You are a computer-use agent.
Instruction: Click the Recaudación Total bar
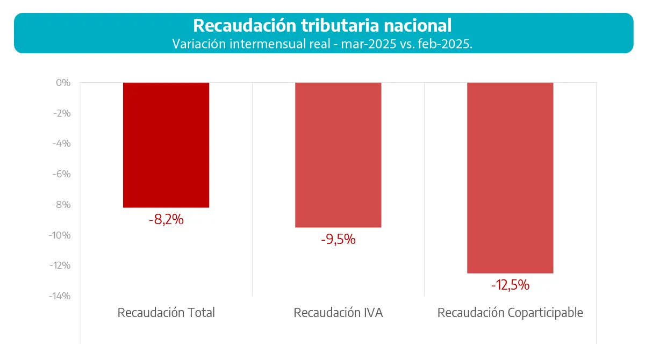(166, 145)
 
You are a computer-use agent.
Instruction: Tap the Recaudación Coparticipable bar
(510, 178)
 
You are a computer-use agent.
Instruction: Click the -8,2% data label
(166, 219)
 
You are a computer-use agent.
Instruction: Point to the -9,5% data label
(338, 239)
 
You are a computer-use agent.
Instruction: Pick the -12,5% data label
(510, 285)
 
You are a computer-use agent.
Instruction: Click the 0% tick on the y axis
(63, 83)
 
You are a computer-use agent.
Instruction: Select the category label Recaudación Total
(166, 313)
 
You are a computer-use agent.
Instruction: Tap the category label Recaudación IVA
(338, 313)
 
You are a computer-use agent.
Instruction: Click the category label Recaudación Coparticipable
(510, 313)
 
